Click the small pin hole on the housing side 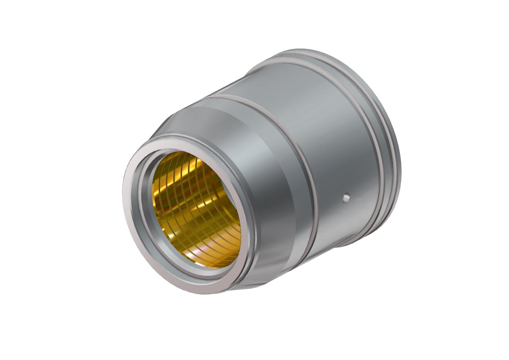pos(346,196)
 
